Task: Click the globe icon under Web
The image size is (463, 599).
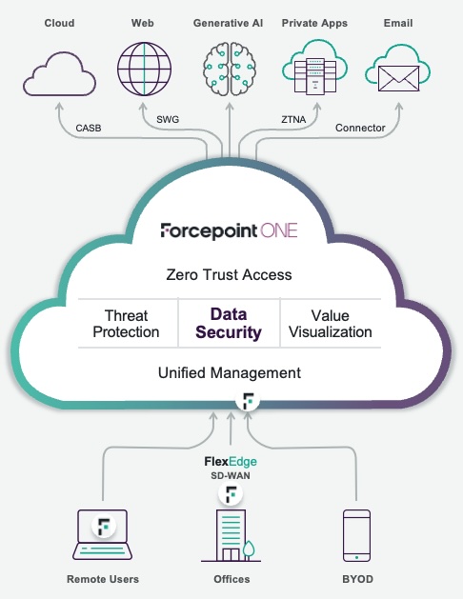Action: (x=144, y=69)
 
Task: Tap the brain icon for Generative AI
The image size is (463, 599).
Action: (x=230, y=69)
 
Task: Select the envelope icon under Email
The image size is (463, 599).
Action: (x=398, y=79)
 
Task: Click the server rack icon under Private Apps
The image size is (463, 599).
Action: (x=315, y=75)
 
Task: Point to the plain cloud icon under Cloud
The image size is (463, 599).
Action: (x=59, y=74)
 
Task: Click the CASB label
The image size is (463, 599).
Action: (x=89, y=128)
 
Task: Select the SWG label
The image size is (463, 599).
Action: (x=168, y=120)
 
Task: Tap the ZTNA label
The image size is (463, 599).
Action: (x=293, y=120)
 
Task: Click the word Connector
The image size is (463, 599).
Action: (x=360, y=128)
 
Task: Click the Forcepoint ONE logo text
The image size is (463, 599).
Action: (x=229, y=230)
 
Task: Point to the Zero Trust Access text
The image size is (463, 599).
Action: (x=229, y=274)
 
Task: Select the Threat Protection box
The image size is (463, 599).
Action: (x=126, y=324)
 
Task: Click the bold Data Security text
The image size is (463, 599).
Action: (x=229, y=323)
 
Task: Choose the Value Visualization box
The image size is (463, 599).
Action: (x=330, y=324)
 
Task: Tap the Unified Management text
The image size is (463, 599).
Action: (x=230, y=373)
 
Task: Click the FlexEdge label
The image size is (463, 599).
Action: (x=231, y=462)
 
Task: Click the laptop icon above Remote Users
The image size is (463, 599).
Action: (x=102, y=535)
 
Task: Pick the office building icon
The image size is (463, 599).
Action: (x=231, y=535)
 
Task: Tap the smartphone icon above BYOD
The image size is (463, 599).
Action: (x=356, y=535)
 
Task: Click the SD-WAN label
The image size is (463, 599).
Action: (x=231, y=475)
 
